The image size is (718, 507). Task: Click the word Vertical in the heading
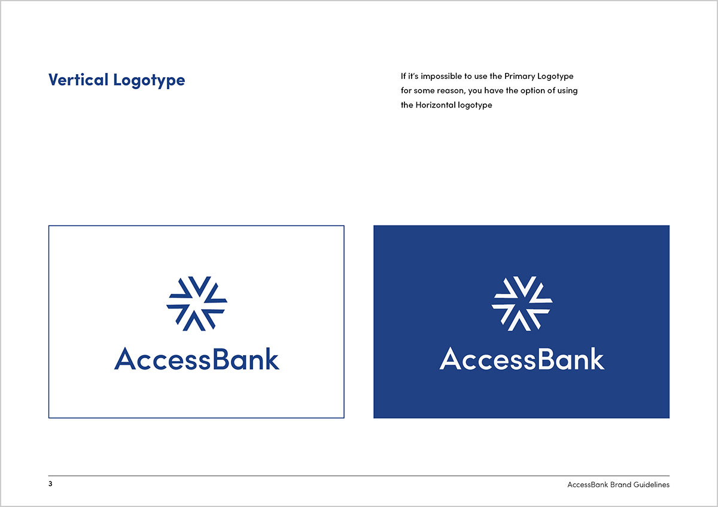pyautogui.click(x=78, y=80)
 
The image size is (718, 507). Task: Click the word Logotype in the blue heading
pyautogui.click(x=149, y=81)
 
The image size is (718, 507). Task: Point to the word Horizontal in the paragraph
pyautogui.click(x=436, y=105)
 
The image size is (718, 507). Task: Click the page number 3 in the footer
pyautogui.click(x=50, y=484)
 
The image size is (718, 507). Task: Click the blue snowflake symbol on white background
pyautogui.click(x=197, y=303)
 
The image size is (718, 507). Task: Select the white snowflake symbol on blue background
pyautogui.click(x=522, y=303)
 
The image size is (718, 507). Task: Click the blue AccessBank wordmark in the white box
pyautogui.click(x=197, y=359)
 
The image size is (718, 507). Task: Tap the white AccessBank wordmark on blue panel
pyautogui.click(x=522, y=358)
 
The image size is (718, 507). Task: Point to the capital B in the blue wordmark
pyautogui.click(x=221, y=359)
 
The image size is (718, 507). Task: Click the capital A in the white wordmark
pyautogui.click(x=450, y=358)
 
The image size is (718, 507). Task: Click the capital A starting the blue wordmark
pyautogui.click(x=125, y=359)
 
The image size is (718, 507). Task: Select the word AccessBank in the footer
pyautogui.click(x=588, y=485)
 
